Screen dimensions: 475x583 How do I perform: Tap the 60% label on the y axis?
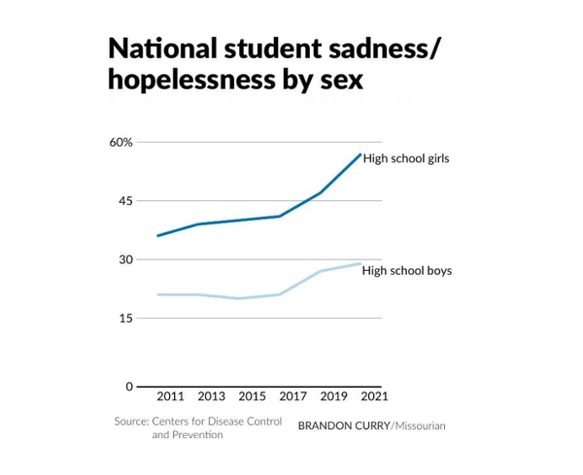[121, 142]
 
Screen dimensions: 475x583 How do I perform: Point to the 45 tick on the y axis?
[125, 201]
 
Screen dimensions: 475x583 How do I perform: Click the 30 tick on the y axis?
[125, 259]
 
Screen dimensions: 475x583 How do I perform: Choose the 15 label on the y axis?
[125, 318]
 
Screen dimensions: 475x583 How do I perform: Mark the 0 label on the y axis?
[129, 387]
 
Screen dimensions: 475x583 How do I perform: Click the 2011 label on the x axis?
[170, 396]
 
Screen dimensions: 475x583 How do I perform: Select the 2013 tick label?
[211, 396]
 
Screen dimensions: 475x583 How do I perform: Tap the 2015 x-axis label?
[252, 396]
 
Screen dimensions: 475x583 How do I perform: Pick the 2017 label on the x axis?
[292, 396]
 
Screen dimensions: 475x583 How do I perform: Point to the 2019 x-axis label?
[333, 396]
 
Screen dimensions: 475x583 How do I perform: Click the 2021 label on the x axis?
[374, 396]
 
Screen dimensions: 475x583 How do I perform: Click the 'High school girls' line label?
[406, 158]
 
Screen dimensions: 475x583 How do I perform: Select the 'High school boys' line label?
[406, 270]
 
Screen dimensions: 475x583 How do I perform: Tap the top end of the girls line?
[360, 154]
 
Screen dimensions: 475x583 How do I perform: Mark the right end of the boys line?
[360, 263]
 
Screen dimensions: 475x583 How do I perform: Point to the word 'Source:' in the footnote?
[131, 422]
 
